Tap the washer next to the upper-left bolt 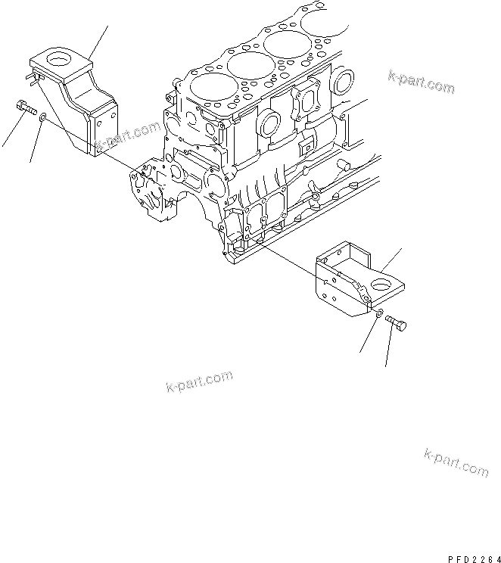click(x=45, y=117)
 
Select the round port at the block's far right click(x=345, y=80)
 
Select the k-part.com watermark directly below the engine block click(x=198, y=382)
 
